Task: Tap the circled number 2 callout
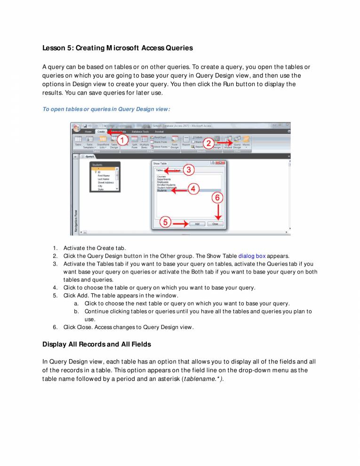[209, 143]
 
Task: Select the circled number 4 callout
[193, 188]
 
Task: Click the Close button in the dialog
[215, 224]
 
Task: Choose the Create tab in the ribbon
[101, 132]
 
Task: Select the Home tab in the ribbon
[88, 132]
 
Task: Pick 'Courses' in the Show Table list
[161, 177]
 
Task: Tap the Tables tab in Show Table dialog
[160, 170]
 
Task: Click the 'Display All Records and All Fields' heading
[96, 344]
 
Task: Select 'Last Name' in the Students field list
[104, 179]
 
